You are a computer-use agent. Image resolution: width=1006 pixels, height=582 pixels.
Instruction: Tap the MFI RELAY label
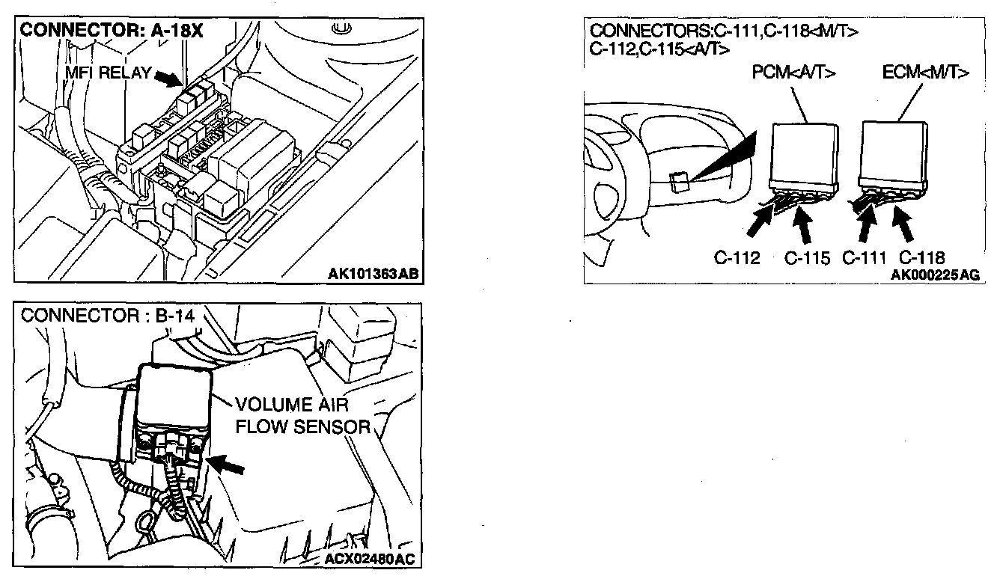point(108,73)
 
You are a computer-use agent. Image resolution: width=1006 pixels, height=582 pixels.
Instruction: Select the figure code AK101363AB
point(371,274)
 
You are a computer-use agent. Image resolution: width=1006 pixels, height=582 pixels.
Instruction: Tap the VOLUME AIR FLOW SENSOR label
point(302,416)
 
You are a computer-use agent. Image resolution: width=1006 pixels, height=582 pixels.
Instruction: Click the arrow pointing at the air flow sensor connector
point(228,465)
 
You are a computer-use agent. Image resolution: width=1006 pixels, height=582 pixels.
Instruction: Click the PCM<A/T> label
point(794,73)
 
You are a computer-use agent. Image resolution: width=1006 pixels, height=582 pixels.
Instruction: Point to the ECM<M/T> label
point(925,73)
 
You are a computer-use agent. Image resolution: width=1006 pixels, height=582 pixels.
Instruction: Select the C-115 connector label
point(807,259)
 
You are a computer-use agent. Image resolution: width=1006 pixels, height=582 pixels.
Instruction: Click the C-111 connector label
point(865,259)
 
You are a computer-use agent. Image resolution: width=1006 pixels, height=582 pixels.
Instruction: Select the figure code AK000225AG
point(934,275)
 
